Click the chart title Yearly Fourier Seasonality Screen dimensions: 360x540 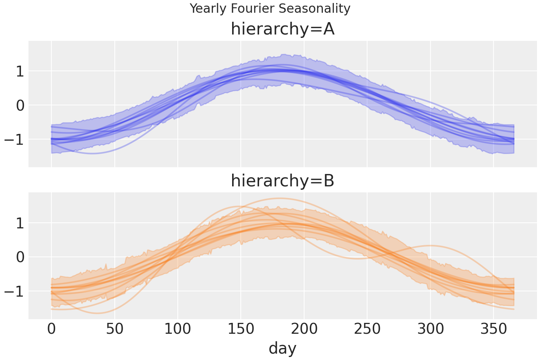pos(270,9)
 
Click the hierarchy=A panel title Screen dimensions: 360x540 pos(282,29)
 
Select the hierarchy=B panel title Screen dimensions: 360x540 pos(282,181)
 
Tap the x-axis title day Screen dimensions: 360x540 pos(282,348)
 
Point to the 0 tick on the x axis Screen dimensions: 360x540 pos(51,330)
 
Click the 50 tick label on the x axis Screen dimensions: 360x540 pos(114,330)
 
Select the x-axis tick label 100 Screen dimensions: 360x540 pos(178,330)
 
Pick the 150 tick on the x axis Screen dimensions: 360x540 pos(241,330)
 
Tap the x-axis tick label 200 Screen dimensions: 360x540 pos(304,330)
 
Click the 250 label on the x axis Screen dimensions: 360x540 pos(367,330)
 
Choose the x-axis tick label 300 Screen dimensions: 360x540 pos(430,330)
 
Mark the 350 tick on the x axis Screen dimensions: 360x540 pos(493,330)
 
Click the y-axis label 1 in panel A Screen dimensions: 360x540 pos(19,71)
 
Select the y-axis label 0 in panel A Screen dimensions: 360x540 pos(19,105)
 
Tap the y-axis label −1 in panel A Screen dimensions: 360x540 pos(14,139)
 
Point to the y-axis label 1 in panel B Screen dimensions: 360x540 pos(19,223)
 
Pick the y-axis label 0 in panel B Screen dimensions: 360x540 pos(19,257)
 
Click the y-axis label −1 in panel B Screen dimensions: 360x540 pos(14,291)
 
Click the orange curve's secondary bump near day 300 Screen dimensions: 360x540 pos(431,246)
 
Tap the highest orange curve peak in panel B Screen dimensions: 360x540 pos(278,198)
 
